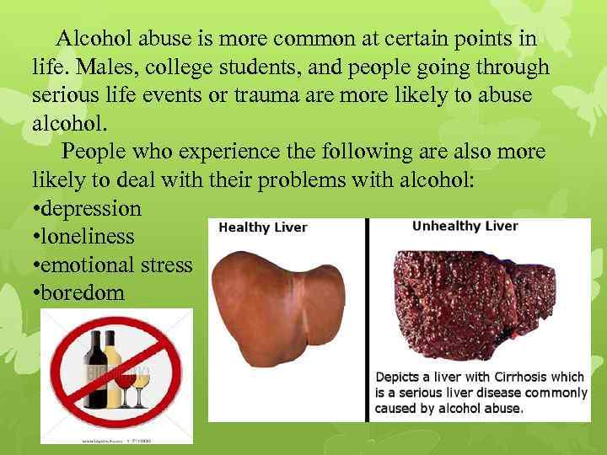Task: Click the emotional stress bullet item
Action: (x=112, y=265)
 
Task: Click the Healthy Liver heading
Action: (x=262, y=227)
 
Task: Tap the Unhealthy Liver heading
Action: (x=465, y=226)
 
